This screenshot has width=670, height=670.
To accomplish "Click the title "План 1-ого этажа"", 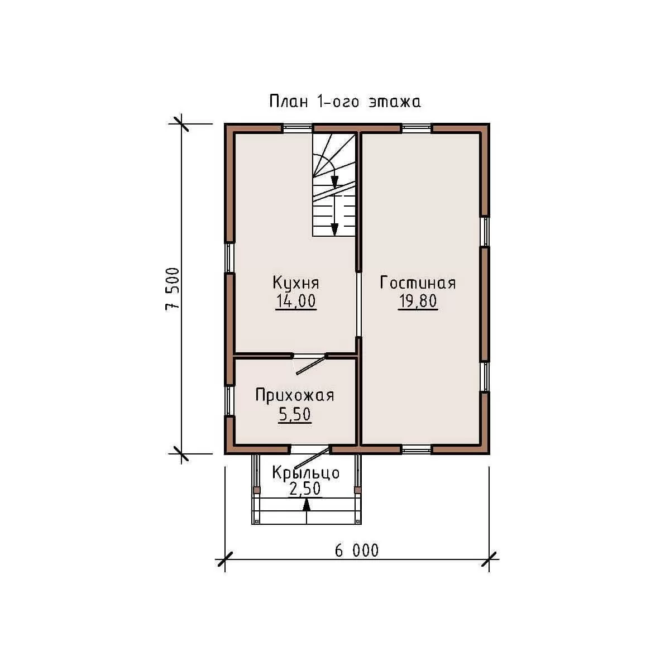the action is (345, 102).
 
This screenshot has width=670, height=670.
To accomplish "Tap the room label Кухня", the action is (296, 283).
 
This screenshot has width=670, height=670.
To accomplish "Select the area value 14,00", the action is (296, 301).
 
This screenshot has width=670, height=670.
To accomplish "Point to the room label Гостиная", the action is (418, 283).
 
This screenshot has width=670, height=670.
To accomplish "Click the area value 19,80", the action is (418, 301).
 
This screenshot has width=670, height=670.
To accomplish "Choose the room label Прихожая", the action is (295, 396).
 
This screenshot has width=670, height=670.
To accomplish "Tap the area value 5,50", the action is (294, 414).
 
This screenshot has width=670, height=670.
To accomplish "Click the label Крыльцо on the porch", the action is (305, 473).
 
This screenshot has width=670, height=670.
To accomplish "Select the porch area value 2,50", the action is (305, 489).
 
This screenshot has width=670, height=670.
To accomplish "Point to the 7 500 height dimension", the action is (173, 289).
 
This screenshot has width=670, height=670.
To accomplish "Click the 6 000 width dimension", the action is (357, 551).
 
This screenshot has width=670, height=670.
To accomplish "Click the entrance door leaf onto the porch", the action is (312, 458).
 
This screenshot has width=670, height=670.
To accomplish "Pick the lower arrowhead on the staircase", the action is (334, 229).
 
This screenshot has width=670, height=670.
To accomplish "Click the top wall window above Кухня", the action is (296, 128).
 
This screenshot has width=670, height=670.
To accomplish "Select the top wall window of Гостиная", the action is (417, 128).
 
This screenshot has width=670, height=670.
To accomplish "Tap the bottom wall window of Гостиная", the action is (417, 450).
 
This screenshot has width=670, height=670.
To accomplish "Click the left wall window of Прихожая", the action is (229, 400).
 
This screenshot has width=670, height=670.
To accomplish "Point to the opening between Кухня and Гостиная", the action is (359, 304).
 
